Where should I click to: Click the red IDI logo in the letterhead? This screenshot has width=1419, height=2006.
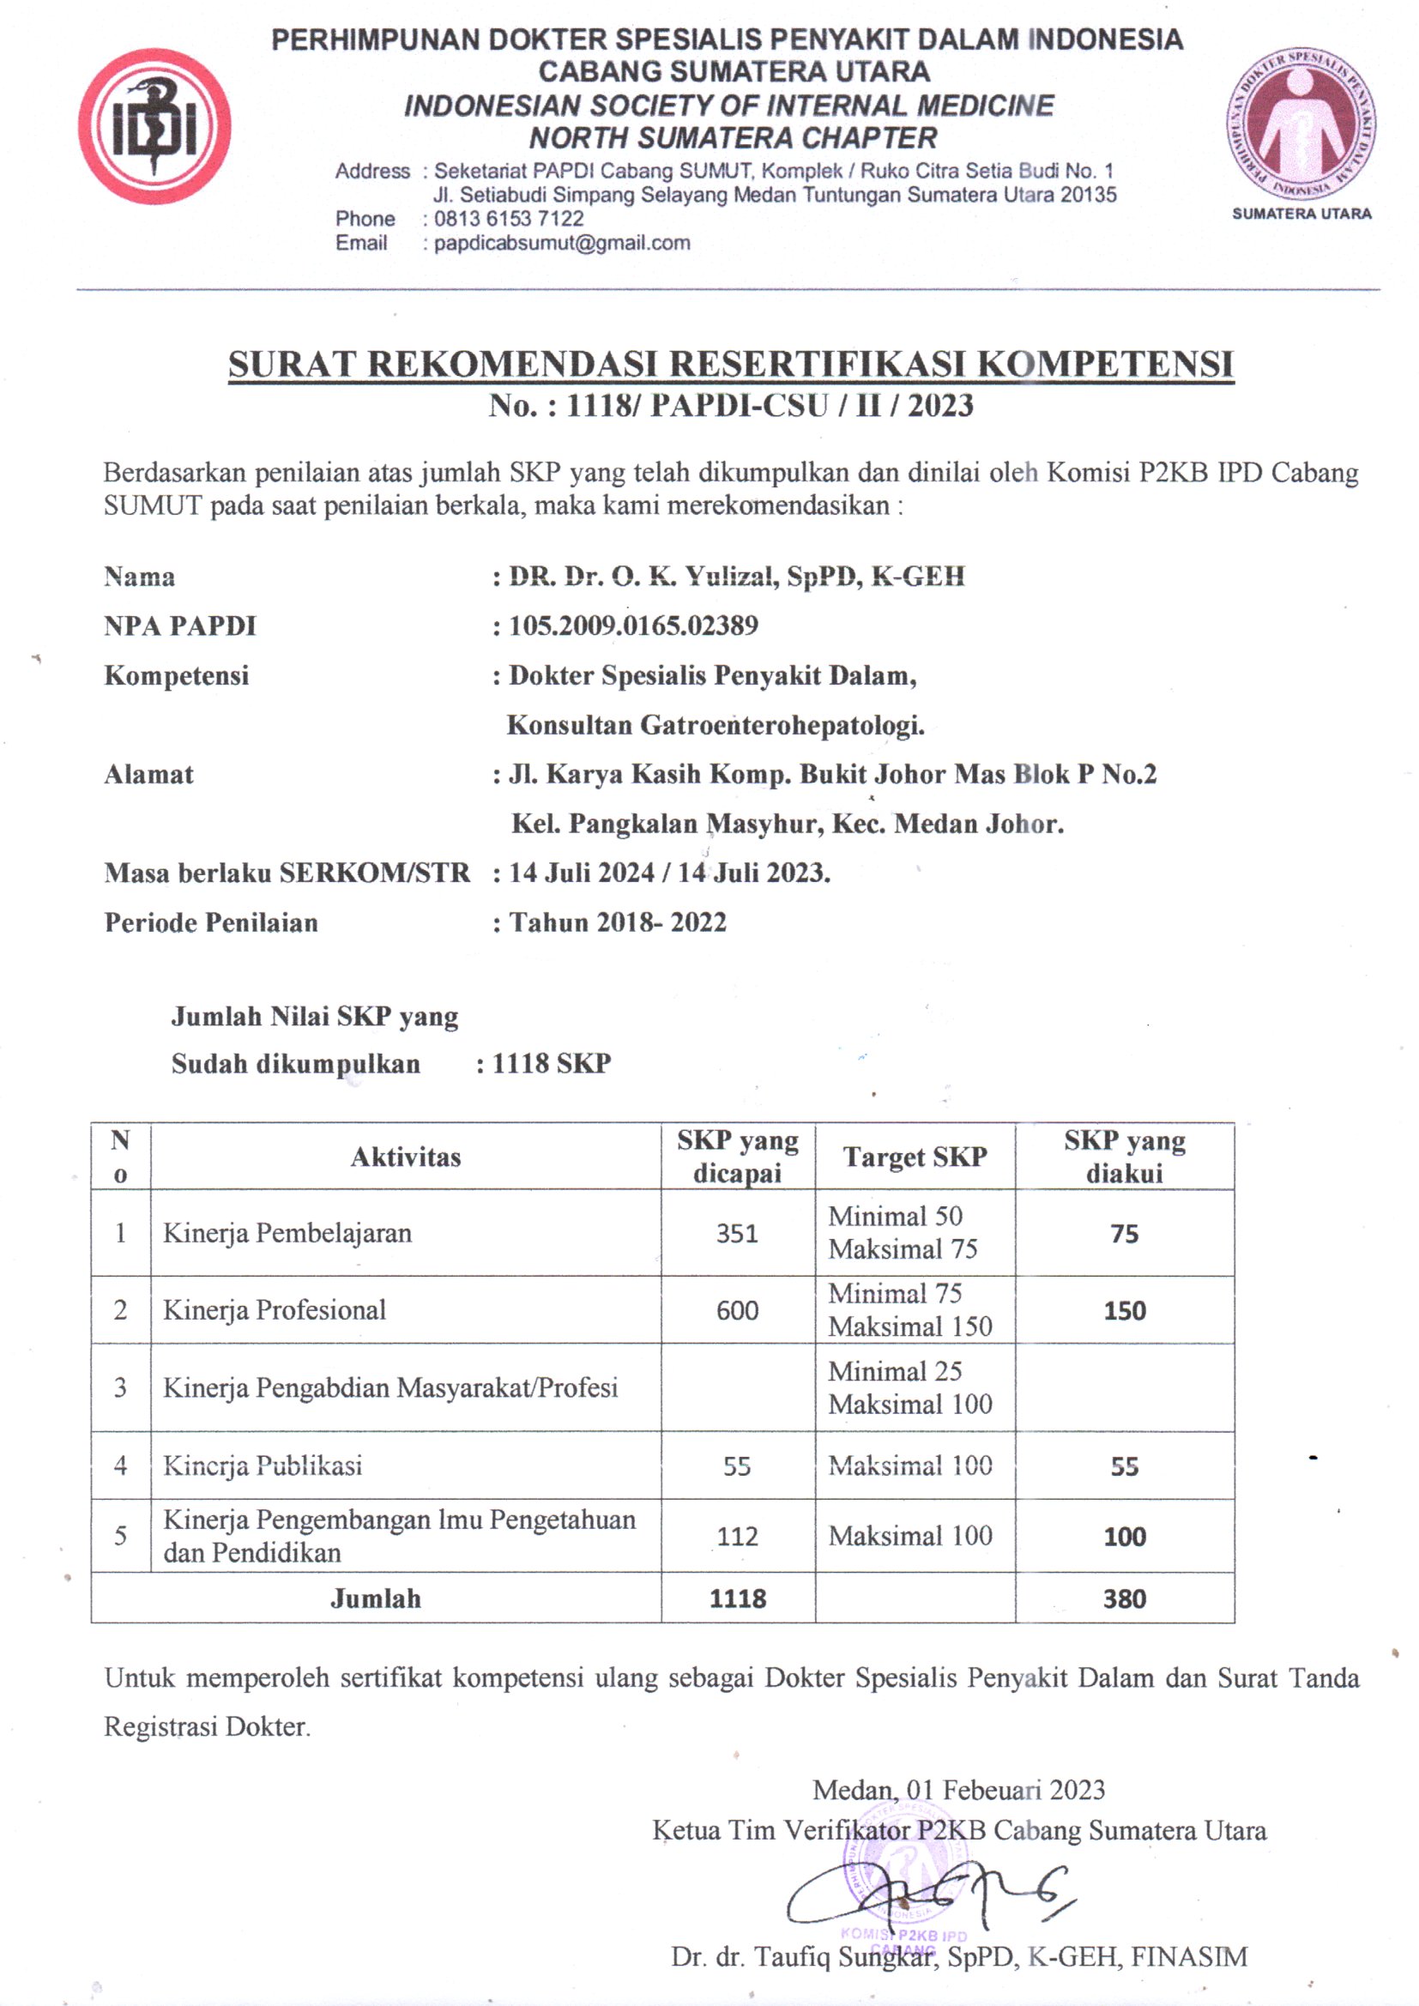154,126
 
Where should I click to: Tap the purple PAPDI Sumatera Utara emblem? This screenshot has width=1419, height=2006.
1301,124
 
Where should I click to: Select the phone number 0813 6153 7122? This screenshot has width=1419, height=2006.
509,219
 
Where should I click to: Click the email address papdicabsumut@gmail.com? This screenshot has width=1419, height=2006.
562,243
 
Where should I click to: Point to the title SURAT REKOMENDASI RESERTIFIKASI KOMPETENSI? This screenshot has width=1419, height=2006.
730,365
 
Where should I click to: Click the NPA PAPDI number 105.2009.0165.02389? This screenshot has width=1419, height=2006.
633,625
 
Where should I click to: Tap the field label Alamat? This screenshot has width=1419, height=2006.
148,774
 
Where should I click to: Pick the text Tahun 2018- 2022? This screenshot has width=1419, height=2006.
618,921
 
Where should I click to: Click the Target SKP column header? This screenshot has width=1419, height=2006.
915,1156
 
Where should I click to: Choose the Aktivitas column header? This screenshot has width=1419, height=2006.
406,1157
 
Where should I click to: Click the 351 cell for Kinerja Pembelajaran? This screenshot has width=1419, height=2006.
737,1233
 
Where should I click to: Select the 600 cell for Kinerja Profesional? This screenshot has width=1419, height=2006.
737,1309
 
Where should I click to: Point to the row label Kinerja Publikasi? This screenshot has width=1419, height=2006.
263,1465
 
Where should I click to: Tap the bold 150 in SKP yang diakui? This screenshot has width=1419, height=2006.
1124,1310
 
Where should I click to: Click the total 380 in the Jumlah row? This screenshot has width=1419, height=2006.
1124,1598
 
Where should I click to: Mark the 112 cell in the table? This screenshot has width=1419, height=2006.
737,1535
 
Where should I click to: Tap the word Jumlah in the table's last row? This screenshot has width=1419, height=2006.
376,1598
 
